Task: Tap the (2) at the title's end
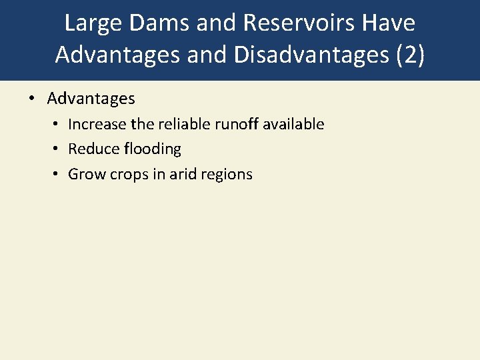pyautogui.click(x=408, y=54)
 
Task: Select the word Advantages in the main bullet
pyautogui.click(x=91, y=99)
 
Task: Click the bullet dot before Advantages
pyautogui.click(x=31, y=99)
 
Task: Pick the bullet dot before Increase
pyautogui.click(x=58, y=125)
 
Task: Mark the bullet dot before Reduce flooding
pyautogui.click(x=58, y=149)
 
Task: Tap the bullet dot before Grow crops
pyautogui.click(x=58, y=175)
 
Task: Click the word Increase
pyautogui.click(x=94, y=124)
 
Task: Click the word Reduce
pyautogui.click(x=93, y=149)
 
